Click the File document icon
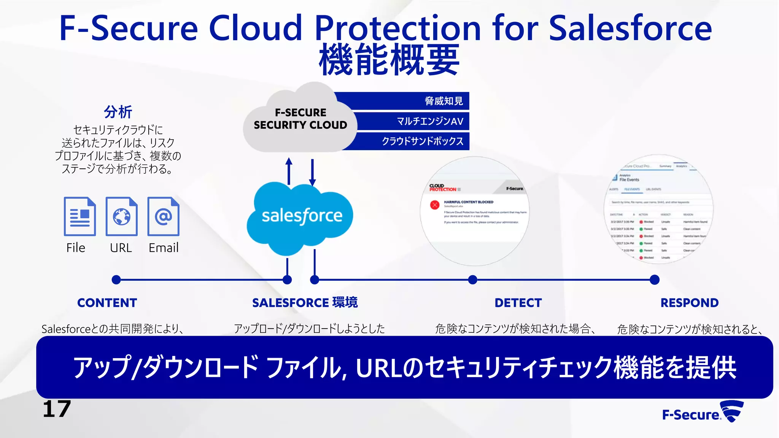[x=79, y=216]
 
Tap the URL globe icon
[x=121, y=216]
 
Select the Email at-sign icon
[x=163, y=216]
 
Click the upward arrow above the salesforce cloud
[x=289, y=171]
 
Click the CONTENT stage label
[x=107, y=303]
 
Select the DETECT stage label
[x=518, y=303]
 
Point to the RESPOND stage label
[x=689, y=303]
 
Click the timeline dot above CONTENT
[x=116, y=280]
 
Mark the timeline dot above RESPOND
[x=655, y=280]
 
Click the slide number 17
[x=57, y=409]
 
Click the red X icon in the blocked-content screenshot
[x=435, y=205]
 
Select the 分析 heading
[x=118, y=112]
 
